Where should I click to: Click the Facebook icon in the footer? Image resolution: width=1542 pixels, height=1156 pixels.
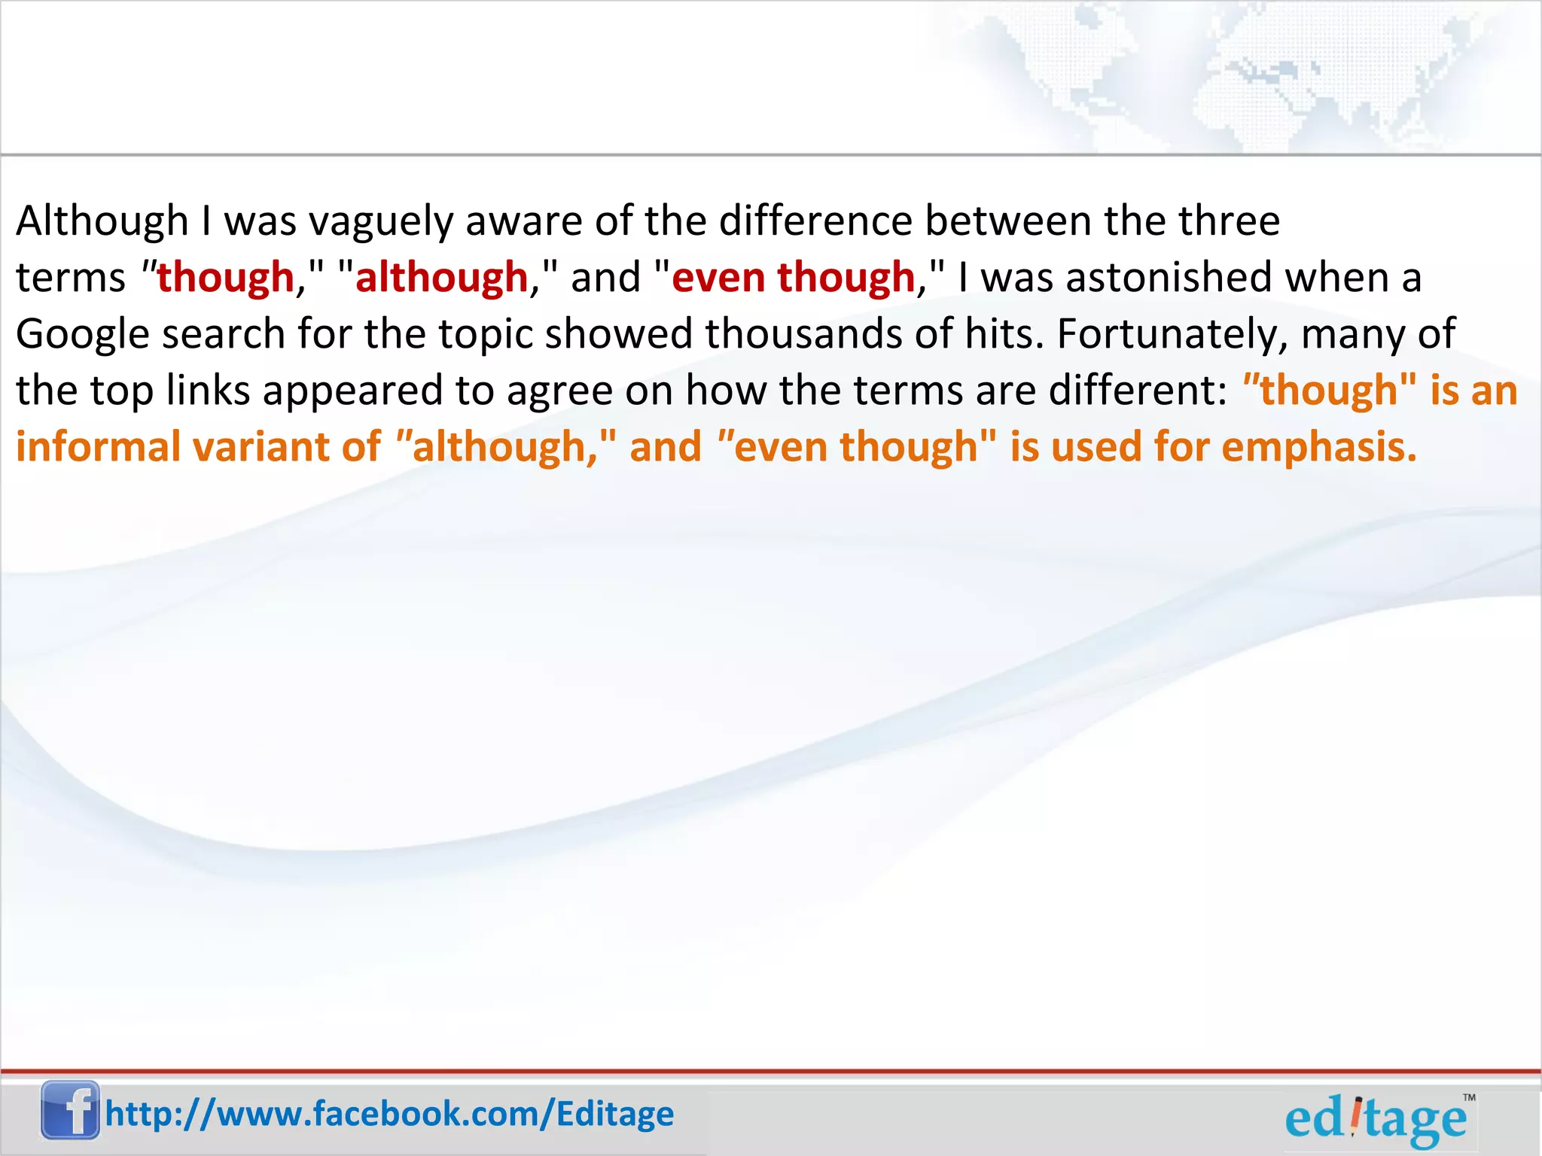pyautogui.click(x=70, y=1110)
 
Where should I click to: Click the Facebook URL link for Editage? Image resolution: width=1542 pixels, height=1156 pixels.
pyautogui.click(x=389, y=1114)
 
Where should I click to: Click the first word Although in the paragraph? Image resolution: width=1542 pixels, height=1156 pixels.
pyautogui.click(x=102, y=221)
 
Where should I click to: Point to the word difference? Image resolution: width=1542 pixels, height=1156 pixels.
pyautogui.click(x=815, y=221)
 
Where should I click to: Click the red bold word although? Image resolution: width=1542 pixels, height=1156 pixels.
pyautogui.click(x=442, y=278)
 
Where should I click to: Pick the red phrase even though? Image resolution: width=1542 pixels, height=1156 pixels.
pyautogui.click(x=793, y=278)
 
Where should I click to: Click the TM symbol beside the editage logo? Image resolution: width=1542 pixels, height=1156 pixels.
pyautogui.click(x=1469, y=1098)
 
